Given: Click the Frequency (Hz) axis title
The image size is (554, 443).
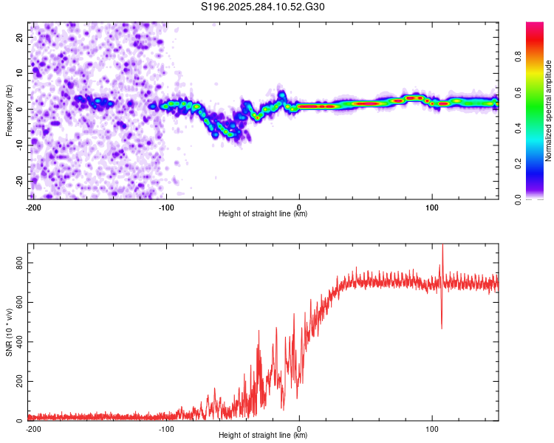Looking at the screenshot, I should point(9,110).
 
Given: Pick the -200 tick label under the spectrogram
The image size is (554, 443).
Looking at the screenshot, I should point(33,207).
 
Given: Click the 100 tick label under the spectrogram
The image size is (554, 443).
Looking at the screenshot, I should point(432,207).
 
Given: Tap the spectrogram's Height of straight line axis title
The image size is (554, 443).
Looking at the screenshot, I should point(263,214).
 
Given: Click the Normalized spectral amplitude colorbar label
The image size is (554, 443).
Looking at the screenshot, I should point(549,111).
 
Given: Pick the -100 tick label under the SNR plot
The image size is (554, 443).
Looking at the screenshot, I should point(166,428).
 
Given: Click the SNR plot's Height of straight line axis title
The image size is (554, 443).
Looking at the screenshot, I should point(263,436).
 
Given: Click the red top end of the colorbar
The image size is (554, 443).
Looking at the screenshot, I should point(535,25).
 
